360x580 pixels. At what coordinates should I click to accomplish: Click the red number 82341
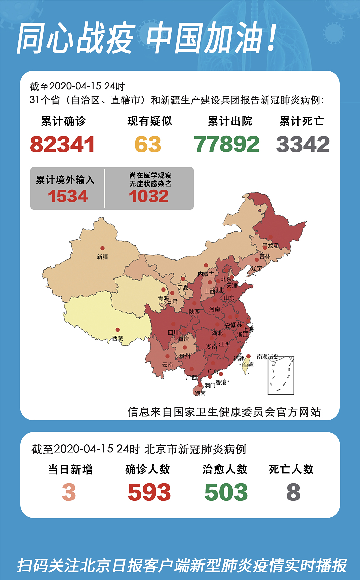[x=62, y=144]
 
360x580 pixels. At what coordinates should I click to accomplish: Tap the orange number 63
[x=148, y=144]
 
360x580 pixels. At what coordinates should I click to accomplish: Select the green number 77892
[x=227, y=144]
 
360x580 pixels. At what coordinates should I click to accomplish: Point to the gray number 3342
[x=303, y=144]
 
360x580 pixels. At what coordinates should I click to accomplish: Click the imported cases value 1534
[x=68, y=196]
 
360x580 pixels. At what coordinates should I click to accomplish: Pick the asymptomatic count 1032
[x=149, y=196]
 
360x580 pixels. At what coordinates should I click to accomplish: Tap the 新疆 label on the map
[x=102, y=257]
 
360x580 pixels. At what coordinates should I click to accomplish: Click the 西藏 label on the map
[x=118, y=338]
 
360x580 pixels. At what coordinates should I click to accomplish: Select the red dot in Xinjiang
[x=102, y=248]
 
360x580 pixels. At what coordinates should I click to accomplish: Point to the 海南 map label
[x=200, y=394]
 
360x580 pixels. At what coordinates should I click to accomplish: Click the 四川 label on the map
[x=173, y=333]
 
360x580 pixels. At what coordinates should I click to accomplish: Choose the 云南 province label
[x=167, y=365]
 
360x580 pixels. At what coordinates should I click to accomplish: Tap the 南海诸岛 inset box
[x=281, y=376]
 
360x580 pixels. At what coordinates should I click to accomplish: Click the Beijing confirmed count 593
[x=149, y=492]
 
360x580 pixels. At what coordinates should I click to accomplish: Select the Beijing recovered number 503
[x=226, y=492]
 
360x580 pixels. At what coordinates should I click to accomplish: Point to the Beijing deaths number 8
[x=293, y=492]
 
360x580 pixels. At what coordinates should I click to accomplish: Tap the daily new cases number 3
[x=69, y=492]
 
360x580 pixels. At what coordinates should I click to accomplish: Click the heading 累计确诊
[x=63, y=121]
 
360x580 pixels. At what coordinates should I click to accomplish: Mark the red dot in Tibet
[x=118, y=330]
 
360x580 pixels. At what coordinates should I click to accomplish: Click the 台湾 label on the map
[x=248, y=365]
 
